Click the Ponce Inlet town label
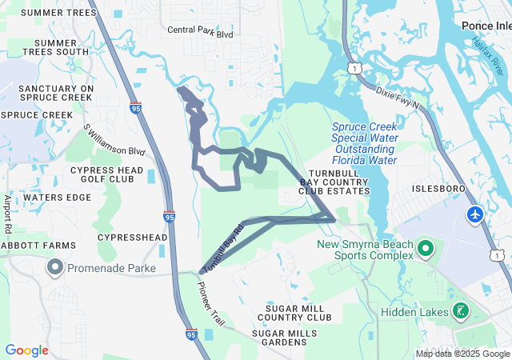(x=486, y=26)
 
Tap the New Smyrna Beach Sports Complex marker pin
(x=425, y=250)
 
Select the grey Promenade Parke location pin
(x=55, y=266)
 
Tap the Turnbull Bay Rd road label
(x=222, y=250)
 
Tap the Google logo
(x=26, y=350)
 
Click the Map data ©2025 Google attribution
(x=462, y=354)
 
